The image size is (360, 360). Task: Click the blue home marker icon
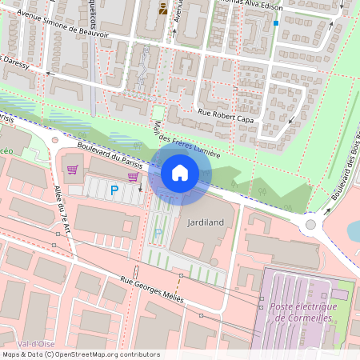[x=180, y=173]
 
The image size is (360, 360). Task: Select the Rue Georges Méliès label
[x=152, y=290]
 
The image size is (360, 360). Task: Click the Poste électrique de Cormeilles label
[x=305, y=312]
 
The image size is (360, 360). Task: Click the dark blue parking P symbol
[x=114, y=190]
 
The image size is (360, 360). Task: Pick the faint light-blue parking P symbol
[x=158, y=233]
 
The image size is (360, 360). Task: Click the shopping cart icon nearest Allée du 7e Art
[x=73, y=169]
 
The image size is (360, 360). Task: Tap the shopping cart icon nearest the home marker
[x=132, y=177]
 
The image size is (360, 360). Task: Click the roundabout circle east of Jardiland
[x=310, y=224]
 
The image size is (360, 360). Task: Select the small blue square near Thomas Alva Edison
[x=276, y=23]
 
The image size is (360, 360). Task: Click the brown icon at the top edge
[x=163, y=9]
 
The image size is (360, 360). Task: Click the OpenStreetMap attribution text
[x=80, y=354]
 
